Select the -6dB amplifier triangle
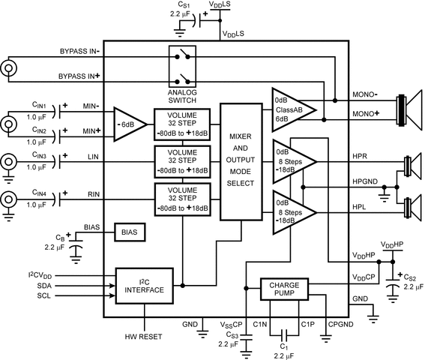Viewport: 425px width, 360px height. pyautogui.click(x=130, y=124)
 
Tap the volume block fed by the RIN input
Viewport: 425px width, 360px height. pyautogui.click(x=183, y=198)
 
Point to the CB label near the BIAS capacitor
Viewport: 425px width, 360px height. pyautogui.click(x=61, y=235)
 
